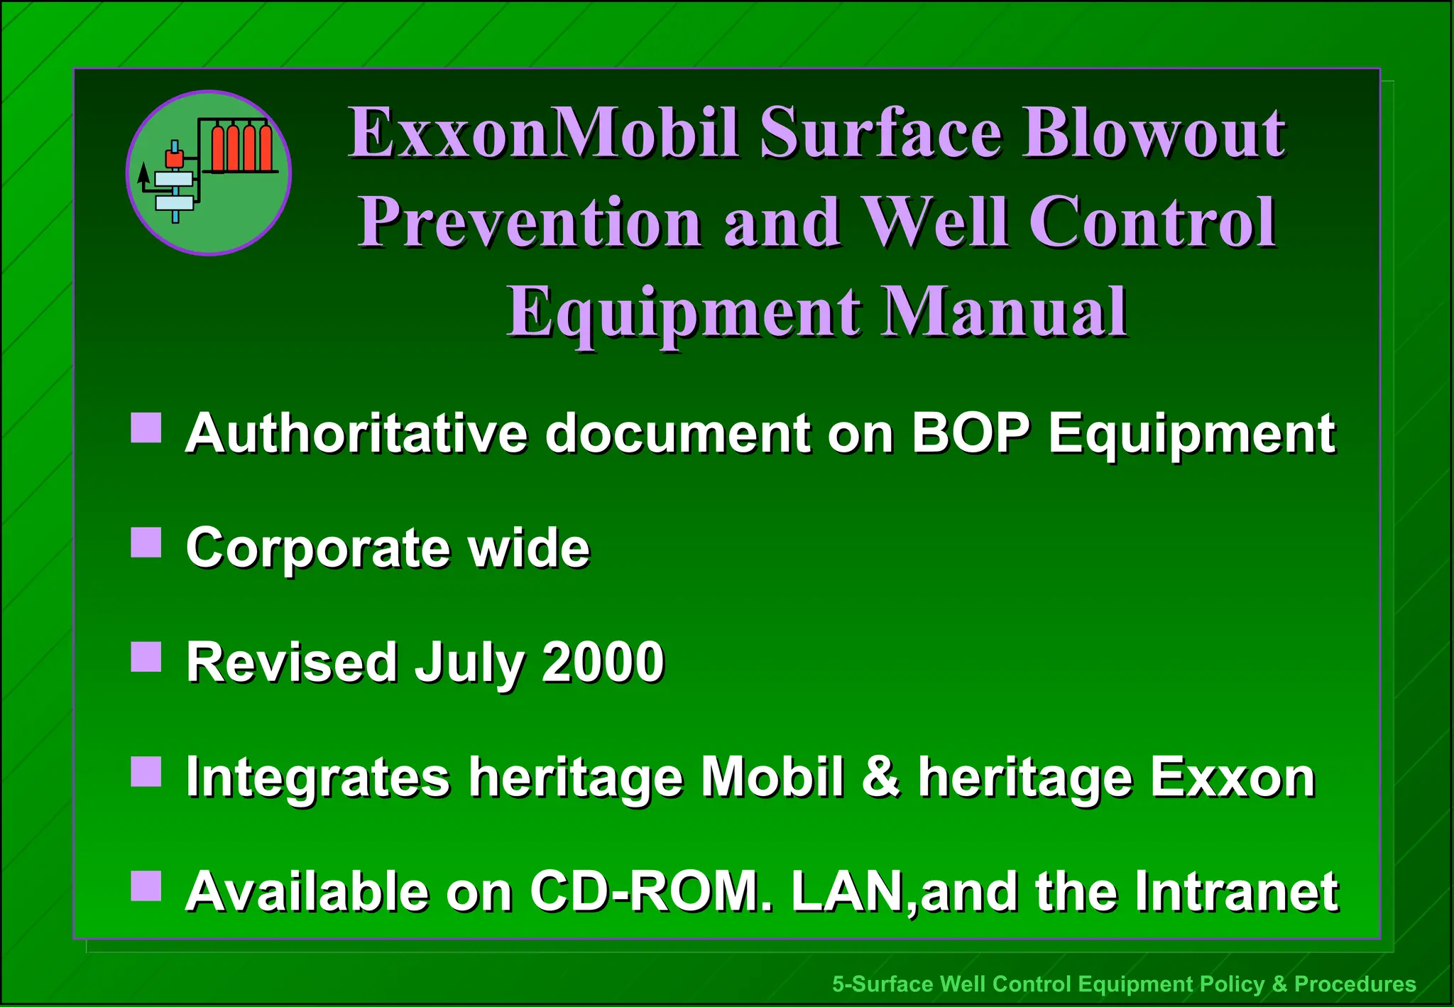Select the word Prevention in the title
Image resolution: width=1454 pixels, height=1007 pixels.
530,222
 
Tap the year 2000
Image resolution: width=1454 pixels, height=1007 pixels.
603,662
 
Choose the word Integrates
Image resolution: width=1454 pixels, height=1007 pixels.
317,778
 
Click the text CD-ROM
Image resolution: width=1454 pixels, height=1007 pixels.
650,891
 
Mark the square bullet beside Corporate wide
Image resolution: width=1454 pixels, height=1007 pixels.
146,543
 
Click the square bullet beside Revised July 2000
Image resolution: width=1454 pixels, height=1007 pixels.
146,658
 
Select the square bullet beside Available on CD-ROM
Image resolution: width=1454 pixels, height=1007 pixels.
146,886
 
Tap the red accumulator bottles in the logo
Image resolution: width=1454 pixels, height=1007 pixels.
242,148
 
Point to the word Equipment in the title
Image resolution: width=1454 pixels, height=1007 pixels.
683,313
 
